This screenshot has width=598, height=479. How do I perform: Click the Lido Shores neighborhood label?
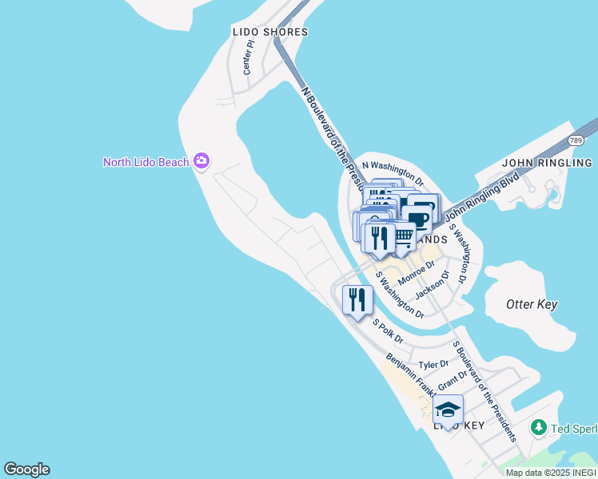(x=269, y=32)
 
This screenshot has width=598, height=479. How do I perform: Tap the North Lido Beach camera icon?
(x=201, y=162)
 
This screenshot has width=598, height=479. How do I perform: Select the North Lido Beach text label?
(x=146, y=162)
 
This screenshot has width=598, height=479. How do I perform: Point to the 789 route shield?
(x=576, y=140)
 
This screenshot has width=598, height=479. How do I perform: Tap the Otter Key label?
(x=532, y=304)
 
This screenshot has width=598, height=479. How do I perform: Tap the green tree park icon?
(x=540, y=428)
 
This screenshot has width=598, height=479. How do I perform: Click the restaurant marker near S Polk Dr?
(x=356, y=300)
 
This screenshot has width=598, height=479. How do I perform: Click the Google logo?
(x=26, y=469)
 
